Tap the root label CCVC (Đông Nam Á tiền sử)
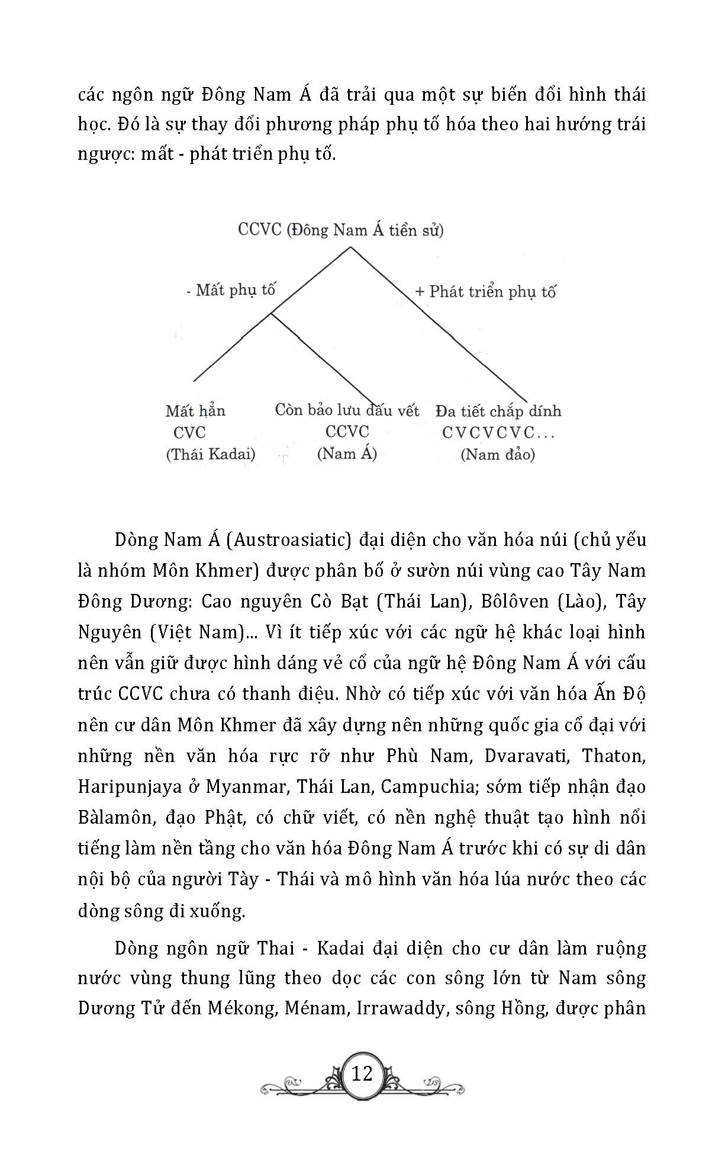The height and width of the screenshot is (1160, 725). point(340,230)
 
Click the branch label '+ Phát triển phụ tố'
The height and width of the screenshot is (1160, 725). point(486,292)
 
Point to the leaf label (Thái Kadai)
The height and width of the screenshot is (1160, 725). point(211,454)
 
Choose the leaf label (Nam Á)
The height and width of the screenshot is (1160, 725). point(347,454)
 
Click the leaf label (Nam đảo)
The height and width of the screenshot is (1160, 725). point(497,454)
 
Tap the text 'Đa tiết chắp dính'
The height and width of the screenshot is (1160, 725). point(498,411)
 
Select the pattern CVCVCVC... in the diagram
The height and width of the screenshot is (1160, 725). point(498,433)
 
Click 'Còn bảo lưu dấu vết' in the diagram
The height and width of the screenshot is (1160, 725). point(347,410)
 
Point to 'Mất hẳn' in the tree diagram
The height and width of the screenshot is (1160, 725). point(195,411)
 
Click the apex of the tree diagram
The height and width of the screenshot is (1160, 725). point(350,247)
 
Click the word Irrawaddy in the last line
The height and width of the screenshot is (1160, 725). point(400,1008)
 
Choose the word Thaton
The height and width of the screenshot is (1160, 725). point(613,756)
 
